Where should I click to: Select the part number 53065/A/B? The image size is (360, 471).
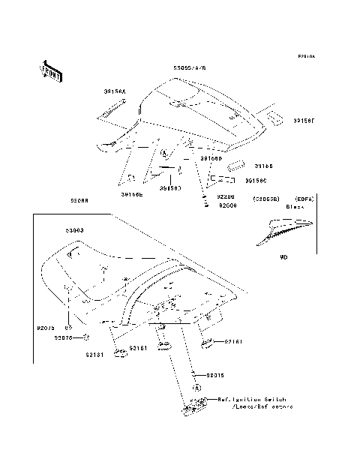pyautogui.click(x=189, y=68)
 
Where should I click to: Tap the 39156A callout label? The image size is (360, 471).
pyautogui.click(x=115, y=91)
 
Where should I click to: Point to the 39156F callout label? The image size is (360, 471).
pyautogui.click(x=304, y=120)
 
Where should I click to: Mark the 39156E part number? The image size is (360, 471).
pyautogui.click(x=132, y=194)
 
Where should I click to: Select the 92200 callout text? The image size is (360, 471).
pyautogui.click(x=226, y=196)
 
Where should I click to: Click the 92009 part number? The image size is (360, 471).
pyautogui.click(x=226, y=204)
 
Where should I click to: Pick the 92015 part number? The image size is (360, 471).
pyautogui.click(x=216, y=373)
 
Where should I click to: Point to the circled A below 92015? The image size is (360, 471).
pyautogui.click(x=196, y=388)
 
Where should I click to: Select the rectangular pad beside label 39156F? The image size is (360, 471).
pyautogui.click(x=272, y=118)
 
